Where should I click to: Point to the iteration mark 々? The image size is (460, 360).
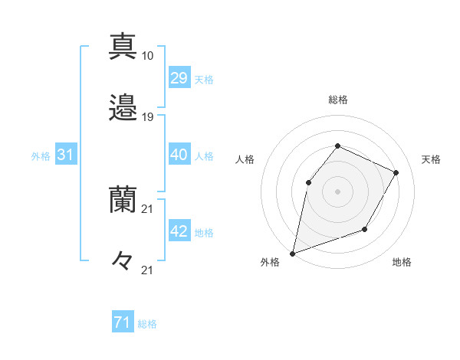pos(123,260)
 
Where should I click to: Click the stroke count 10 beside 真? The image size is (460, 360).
pos(147,56)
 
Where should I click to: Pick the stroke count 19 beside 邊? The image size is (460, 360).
pos(147,117)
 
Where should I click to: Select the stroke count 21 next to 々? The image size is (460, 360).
pos(147,270)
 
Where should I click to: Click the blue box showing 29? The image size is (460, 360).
pos(179,78)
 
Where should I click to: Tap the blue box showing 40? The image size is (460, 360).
pos(179,155)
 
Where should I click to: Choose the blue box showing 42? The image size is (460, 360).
pos(179,231)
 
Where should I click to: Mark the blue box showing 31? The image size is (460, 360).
pos(65,155)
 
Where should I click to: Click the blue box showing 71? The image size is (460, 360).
pos(122,323)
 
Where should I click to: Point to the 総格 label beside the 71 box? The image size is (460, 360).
pos(147,324)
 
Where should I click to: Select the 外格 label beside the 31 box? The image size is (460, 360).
pos(41,155)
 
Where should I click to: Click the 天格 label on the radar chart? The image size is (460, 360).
pos(431,159)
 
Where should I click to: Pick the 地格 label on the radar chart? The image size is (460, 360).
pos(402,262)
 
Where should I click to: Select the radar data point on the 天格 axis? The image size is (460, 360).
pos(396,172)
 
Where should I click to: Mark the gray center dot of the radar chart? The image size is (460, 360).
pos(337,191)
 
